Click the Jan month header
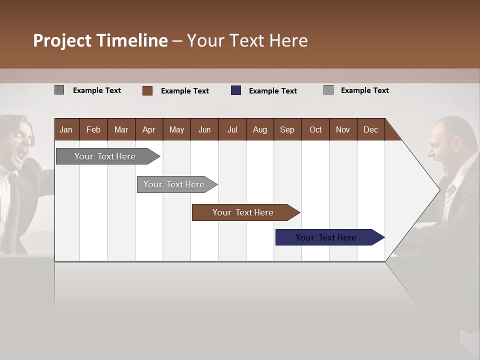tap(66, 130)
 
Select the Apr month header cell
tap(148, 130)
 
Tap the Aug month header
tap(259, 130)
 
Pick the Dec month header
tap(370, 130)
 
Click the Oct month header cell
tap(315, 130)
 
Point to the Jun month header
tap(204, 130)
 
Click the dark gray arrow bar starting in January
tap(105, 156)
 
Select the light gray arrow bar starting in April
tap(174, 184)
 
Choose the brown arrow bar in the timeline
tap(243, 212)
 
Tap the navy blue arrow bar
tap(326, 237)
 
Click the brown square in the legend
tap(147, 90)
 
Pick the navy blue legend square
tap(236, 90)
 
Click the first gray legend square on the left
tap(59, 90)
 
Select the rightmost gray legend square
tap(328, 90)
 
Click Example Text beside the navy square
tap(273, 91)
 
